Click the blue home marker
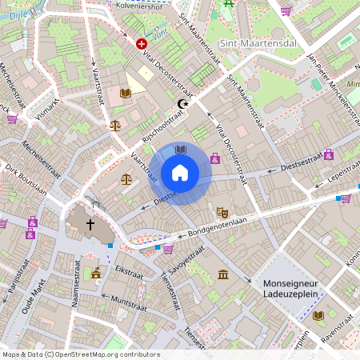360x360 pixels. pos(180,172)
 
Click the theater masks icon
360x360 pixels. pos(222,212)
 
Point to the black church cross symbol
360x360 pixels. pos(90,226)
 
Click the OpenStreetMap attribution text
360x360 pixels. pos(80,354)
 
